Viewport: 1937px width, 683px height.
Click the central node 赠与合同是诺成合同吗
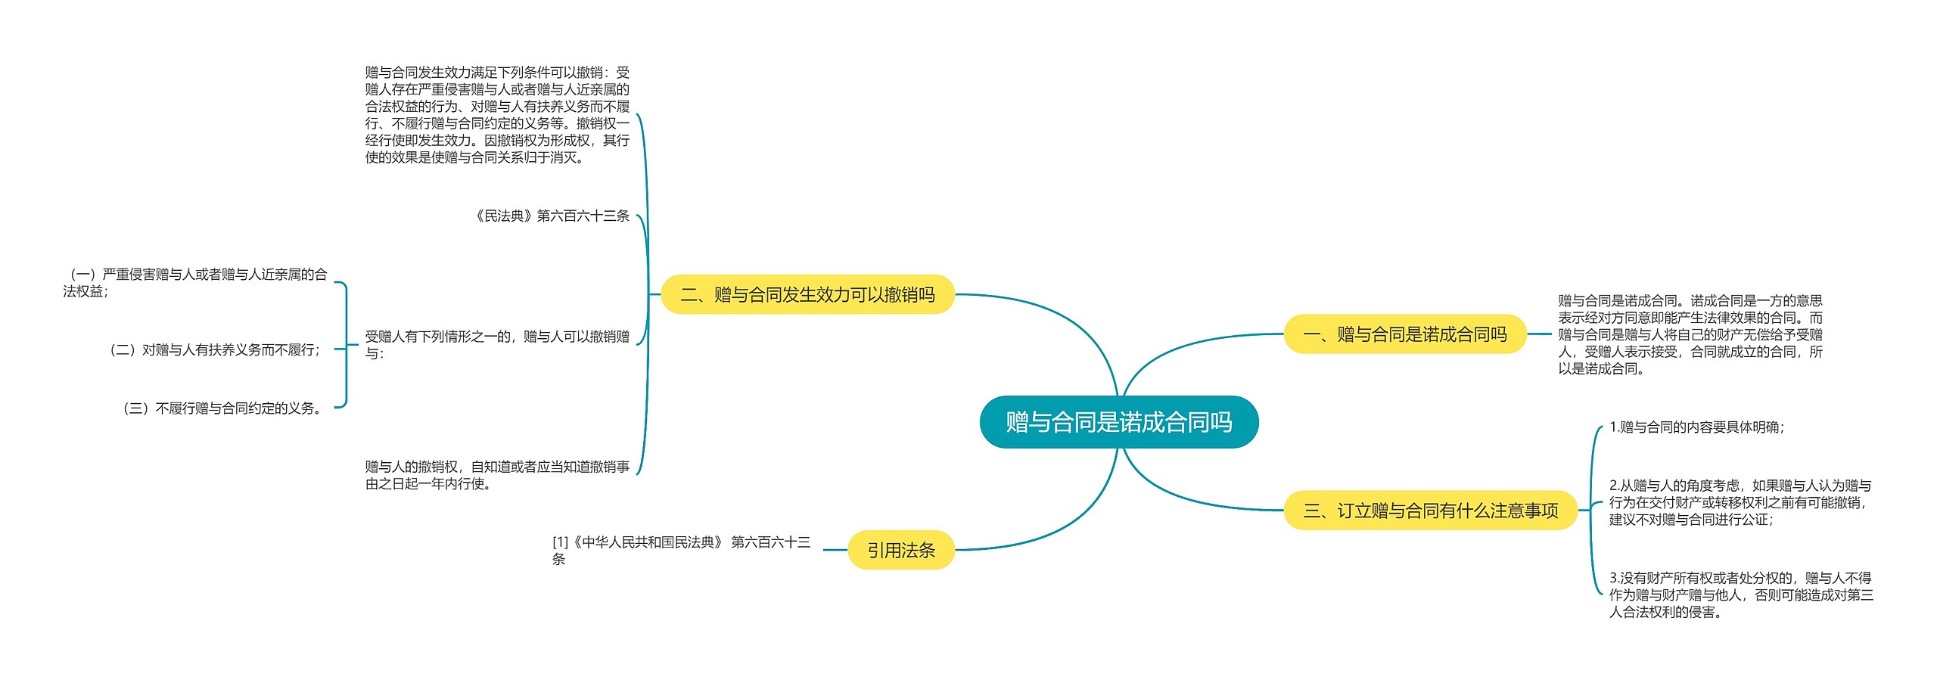1118,422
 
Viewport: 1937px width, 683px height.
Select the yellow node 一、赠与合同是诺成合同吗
1404,334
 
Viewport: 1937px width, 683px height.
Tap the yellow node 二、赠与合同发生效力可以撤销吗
807,294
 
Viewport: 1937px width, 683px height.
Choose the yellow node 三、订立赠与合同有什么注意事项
1430,511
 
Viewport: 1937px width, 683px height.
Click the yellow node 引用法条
900,550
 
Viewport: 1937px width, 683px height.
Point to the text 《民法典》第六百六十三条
552,216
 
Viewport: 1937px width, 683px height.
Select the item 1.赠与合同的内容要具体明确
1696,427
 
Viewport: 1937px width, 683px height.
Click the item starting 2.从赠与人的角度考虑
1740,502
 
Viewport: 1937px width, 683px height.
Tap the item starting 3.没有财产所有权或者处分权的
1740,595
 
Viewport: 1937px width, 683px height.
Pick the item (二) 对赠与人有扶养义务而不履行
216,350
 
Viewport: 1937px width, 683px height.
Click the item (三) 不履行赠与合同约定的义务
223,408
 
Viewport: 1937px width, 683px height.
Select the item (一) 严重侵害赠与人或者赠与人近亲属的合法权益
195,283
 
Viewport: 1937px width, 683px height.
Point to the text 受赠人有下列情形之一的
497,345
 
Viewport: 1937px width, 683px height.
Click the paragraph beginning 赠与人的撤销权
497,475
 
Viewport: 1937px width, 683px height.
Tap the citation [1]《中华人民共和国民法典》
681,551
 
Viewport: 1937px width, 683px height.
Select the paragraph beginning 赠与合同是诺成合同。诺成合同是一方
1690,334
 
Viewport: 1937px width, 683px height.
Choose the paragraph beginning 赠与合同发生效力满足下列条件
497,115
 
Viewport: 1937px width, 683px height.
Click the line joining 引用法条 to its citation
835,550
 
